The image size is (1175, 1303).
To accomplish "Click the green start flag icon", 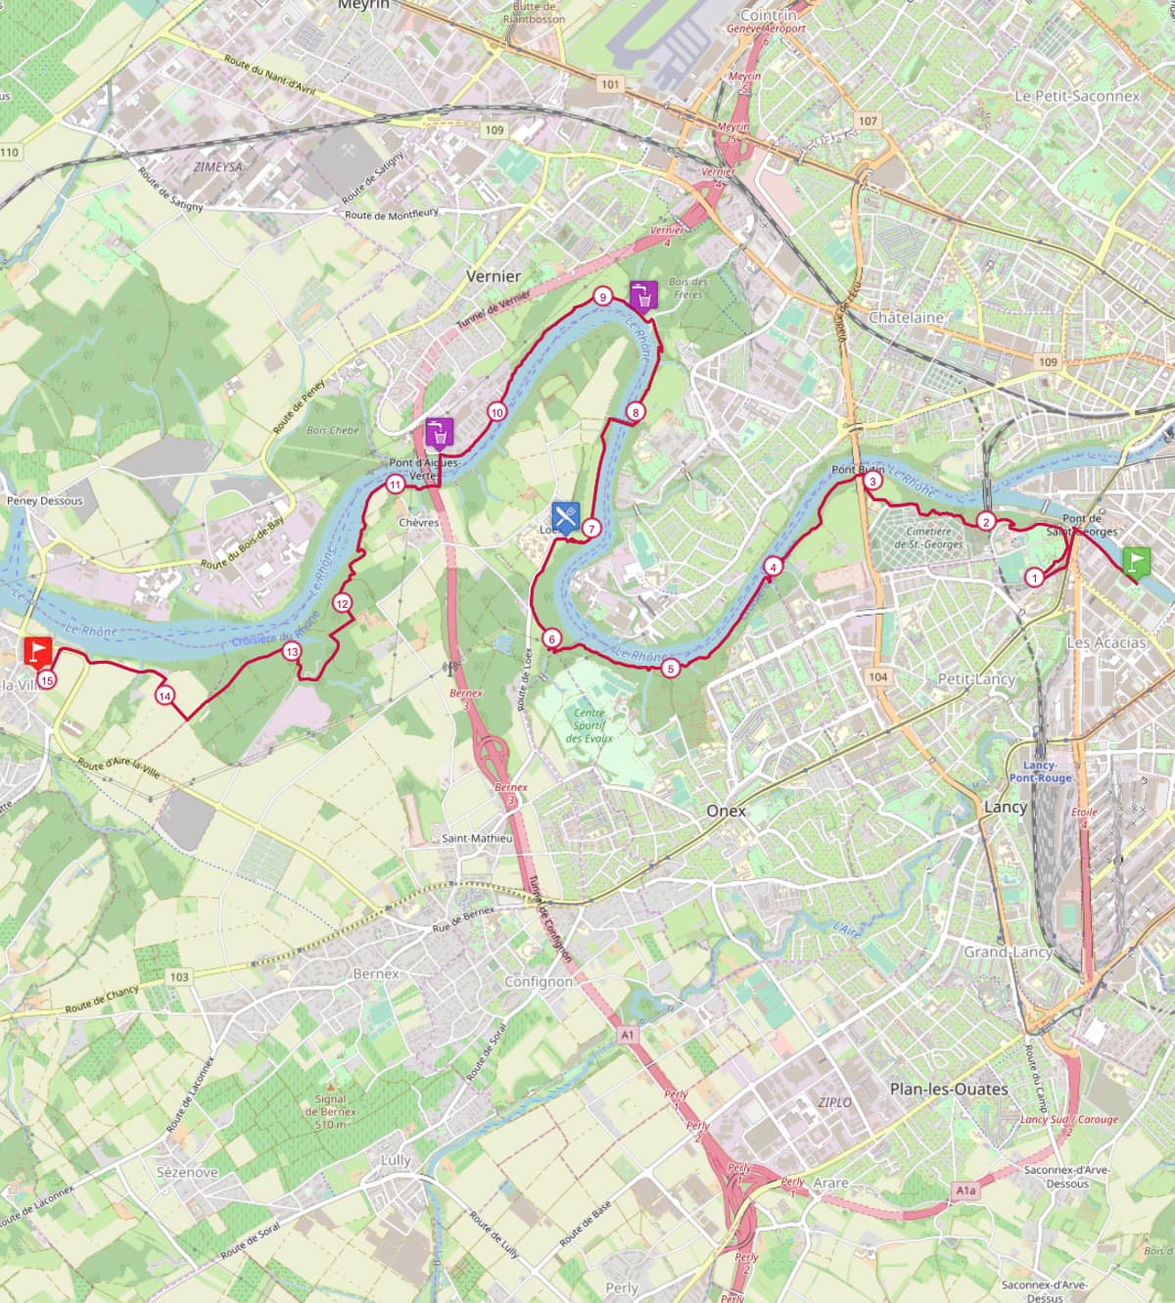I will pyautogui.click(x=1136, y=561).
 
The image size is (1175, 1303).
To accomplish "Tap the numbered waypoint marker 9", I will pyautogui.click(x=602, y=297).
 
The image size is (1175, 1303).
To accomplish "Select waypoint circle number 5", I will pyautogui.click(x=671, y=670).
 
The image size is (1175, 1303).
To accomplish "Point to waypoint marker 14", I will pyautogui.click(x=164, y=696).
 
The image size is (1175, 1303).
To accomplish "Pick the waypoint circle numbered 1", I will pyautogui.click(x=1034, y=578).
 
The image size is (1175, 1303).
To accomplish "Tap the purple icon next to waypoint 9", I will pyautogui.click(x=642, y=294).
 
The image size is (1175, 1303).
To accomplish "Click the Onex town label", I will pyautogui.click(x=727, y=811).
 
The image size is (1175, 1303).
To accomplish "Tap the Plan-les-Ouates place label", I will pyautogui.click(x=948, y=1089).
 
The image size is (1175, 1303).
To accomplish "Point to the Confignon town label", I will pyautogui.click(x=539, y=981).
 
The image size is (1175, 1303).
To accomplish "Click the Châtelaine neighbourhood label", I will pyautogui.click(x=906, y=317).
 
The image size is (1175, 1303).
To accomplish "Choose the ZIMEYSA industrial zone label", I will pyautogui.click(x=217, y=167).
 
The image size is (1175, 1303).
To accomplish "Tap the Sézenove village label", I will pyautogui.click(x=187, y=1172).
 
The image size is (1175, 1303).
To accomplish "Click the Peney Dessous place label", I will pyautogui.click(x=45, y=500).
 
